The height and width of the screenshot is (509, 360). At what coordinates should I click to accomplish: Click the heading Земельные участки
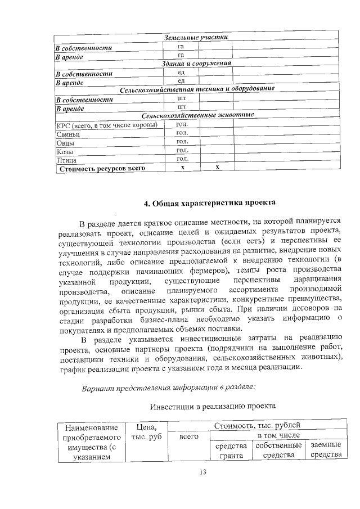pyautogui.click(x=195, y=38)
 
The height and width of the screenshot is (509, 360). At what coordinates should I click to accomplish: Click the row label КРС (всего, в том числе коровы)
pyautogui.click(x=107, y=125)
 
